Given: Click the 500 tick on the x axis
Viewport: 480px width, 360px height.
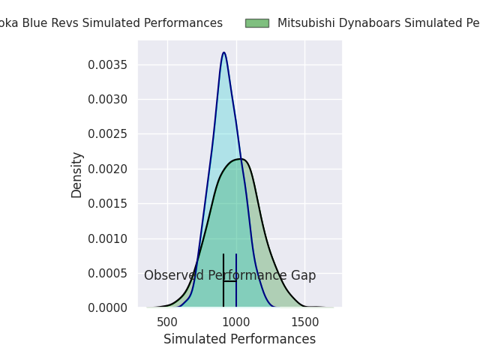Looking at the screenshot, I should [167, 321].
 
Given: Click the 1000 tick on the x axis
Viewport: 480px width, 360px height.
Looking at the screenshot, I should [236, 321].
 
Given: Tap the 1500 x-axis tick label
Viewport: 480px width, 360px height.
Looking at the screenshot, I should [304, 321].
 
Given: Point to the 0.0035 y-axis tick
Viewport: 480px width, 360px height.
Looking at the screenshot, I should [108, 64].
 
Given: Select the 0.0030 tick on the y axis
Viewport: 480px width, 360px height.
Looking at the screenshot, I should [108, 99].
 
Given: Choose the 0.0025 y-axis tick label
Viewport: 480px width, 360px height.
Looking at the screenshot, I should [108, 134].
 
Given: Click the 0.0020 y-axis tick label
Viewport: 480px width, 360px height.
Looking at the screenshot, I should [108, 169].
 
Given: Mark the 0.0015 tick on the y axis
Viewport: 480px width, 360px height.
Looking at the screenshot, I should [108, 203].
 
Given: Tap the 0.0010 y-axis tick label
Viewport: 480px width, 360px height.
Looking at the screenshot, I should [108, 238].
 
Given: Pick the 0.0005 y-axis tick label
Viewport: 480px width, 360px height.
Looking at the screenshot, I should [108, 273].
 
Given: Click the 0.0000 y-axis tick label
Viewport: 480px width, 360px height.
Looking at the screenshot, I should [108, 307].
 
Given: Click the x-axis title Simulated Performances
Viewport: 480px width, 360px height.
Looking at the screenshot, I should [239, 339].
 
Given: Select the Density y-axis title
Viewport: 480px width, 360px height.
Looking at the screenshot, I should [76, 175].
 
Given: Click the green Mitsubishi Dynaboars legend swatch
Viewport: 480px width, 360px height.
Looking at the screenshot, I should [256, 23].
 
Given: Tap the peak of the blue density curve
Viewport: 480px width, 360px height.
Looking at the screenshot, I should [223, 52].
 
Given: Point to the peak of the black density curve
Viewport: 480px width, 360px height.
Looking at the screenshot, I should [240, 159].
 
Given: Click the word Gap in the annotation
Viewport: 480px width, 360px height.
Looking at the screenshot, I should [303, 275].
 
